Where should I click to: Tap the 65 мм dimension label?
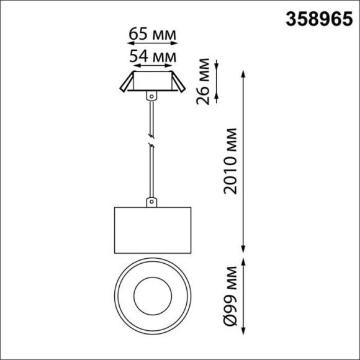pyautogui.click(x=152, y=33)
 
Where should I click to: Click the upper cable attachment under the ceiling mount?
pyautogui.click(x=150, y=96)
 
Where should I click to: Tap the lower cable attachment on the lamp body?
pyautogui.click(x=150, y=202)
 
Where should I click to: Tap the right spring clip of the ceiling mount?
pyautogui.click(x=178, y=83)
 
